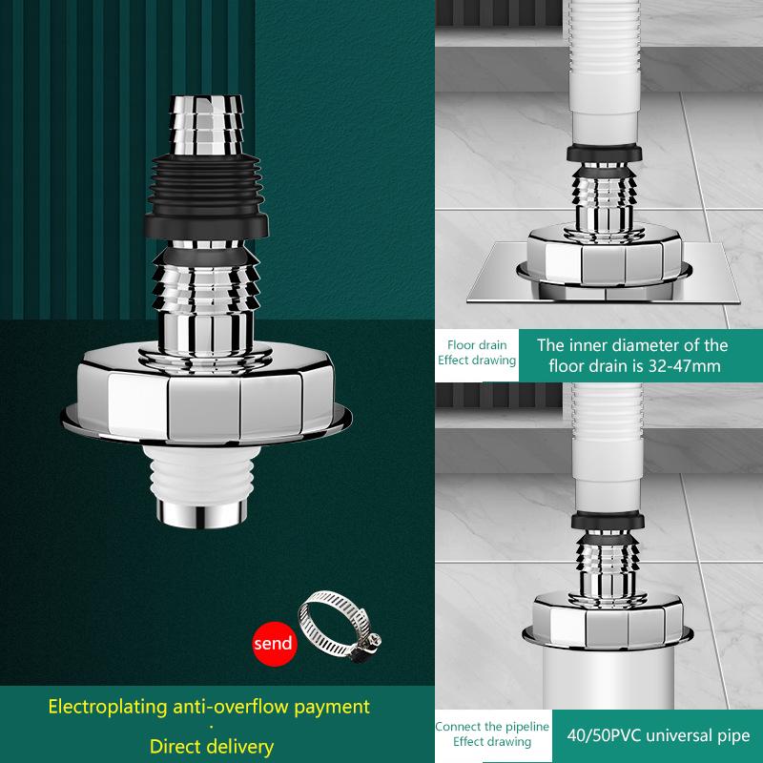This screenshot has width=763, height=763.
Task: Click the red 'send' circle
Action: point(272,644)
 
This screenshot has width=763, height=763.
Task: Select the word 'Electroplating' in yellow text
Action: point(110,708)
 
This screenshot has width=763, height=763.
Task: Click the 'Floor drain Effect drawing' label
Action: point(477,353)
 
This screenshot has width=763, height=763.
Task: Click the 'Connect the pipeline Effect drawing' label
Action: point(492,734)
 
